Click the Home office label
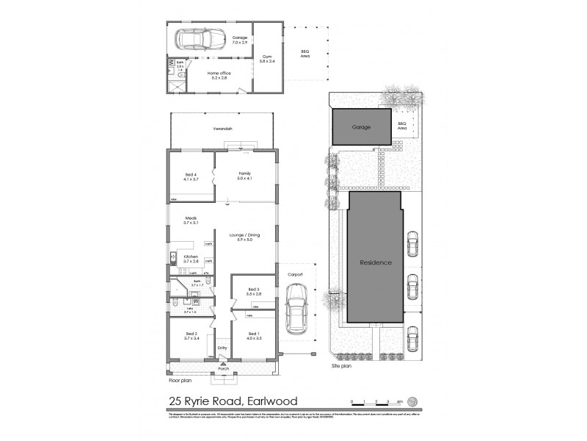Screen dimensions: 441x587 [218, 75]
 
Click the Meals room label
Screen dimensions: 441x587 [191, 220]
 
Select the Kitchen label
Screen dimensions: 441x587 [190, 259]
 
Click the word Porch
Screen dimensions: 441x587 [223, 368]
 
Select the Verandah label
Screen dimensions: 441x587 [223, 129]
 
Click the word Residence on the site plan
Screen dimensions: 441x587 [375, 262]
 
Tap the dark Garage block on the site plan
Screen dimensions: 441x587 [360, 127]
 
